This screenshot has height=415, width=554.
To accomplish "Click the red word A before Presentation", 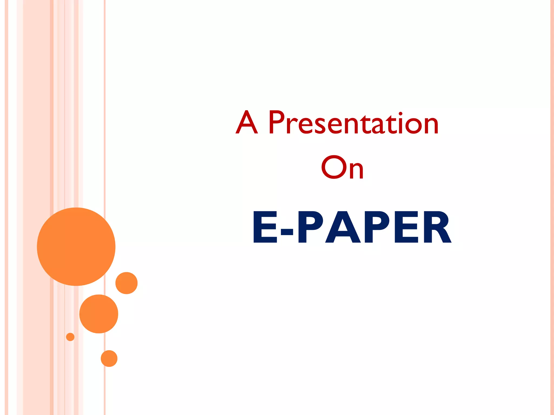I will (247, 122).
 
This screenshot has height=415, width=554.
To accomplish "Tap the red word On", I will (342, 168).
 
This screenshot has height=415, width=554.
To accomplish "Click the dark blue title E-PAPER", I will (352, 227).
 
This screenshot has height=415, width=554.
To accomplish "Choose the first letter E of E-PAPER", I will (265, 227).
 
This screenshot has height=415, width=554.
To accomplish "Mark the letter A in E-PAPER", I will (343, 227).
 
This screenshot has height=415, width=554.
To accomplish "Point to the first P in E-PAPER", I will (310, 227).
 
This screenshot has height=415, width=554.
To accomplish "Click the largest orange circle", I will (76, 246).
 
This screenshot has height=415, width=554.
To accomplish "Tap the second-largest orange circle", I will (99, 314).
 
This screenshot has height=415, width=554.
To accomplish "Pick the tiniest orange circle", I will (70, 337).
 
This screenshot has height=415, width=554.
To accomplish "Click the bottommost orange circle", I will (109, 359).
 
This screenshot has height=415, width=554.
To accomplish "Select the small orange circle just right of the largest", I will (127, 283).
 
